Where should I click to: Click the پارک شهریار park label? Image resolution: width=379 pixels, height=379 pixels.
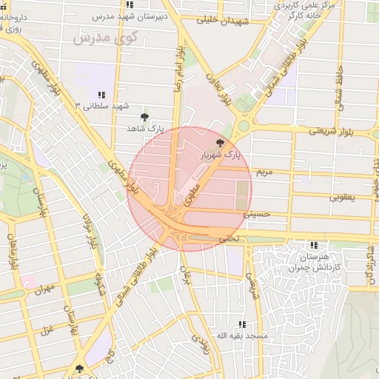(221, 155)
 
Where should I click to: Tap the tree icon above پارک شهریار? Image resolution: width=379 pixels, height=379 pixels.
(219, 143)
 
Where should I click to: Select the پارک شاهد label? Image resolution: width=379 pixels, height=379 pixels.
(145, 129)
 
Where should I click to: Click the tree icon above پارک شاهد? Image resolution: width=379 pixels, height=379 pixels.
(144, 117)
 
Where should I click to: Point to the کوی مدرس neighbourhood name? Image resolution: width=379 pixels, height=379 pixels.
(101, 36)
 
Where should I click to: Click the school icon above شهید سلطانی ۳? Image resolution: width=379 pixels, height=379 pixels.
(101, 95)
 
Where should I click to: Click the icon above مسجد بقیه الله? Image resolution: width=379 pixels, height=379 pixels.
(242, 324)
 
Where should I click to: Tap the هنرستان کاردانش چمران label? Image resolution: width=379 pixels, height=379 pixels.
(316, 261)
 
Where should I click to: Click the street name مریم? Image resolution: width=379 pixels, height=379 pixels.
(264, 172)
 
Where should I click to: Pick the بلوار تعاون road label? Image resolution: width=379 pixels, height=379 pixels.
(214, 88)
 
